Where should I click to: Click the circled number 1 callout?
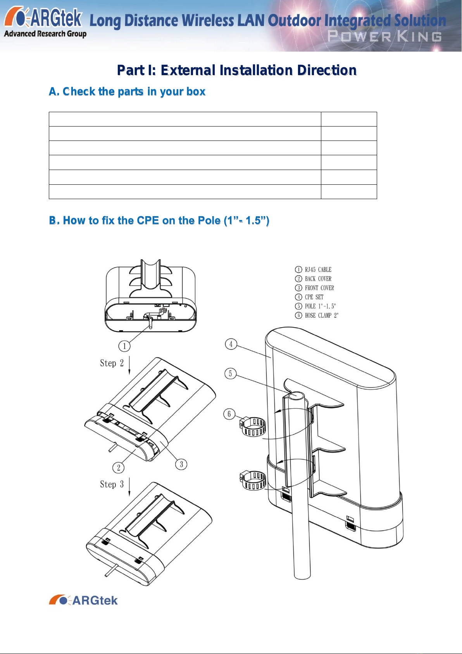pyautogui.click(x=124, y=346)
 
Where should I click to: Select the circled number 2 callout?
pyautogui.click(x=118, y=468)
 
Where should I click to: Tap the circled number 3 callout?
pyautogui.click(x=181, y=464)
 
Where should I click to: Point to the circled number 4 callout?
pyautogui.click(x=231, y=344)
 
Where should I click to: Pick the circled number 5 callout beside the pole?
pyautogui.click(x=230, y=373)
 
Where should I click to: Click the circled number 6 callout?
pyautogui.click(x=229, y=414)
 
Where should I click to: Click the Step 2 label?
pyautogui.click(x=112, y=363)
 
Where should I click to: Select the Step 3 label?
pyautogui.click(x=112, y=484)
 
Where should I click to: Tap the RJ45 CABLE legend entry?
pyautogui.click(x=313, y=269)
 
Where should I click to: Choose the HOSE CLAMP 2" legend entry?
pyautogui.click(x=317, y=315)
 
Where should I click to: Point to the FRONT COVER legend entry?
pyautogui.click(x=314, y=288)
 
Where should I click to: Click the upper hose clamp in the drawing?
pyautogui.click(x=252, y=427)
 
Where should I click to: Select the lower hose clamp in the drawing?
pyautogui.click(x=253, y=481)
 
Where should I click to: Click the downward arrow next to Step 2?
pyautogui.click(x=129, y=366)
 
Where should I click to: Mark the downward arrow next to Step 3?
pyautogui.click(x=129, y=487)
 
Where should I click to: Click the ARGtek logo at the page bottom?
pyautogui.click(x=83, y=600)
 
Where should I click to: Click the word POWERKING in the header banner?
pyautogui.click(x=384, y=36)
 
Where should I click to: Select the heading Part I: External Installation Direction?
pyautogui.click(x=237, y=70)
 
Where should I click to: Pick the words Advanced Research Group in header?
pyautogui.click(x=45, y=34)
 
